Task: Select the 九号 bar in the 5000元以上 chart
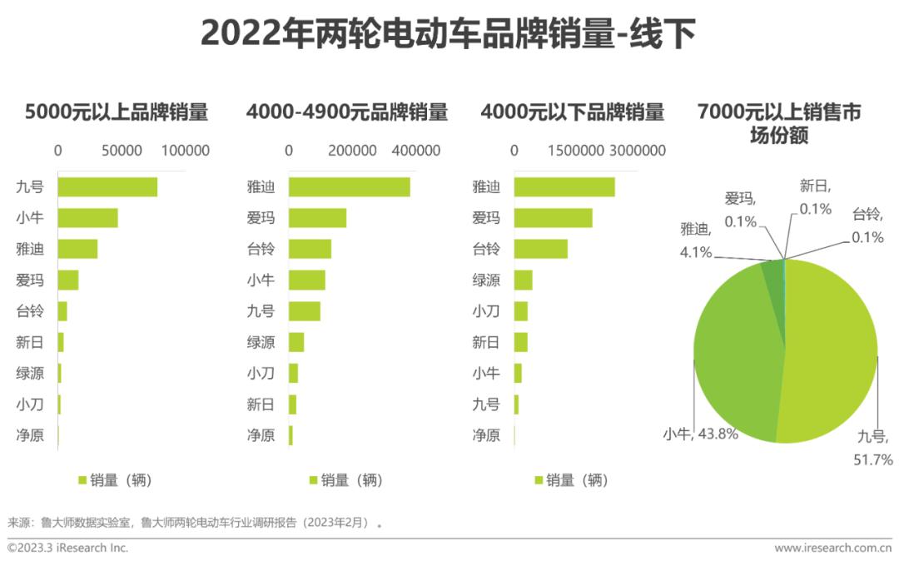coord(107,187)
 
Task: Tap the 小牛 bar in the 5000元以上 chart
coord(87,218)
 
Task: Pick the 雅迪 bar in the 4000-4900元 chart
coord(349,187)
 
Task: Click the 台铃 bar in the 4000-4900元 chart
coord(310,249)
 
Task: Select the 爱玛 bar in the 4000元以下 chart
coord(553,218)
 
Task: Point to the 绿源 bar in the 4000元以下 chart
coord(523,281)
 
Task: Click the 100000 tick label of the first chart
coord(185,151)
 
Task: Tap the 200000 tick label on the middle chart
coord(352,151)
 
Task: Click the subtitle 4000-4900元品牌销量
coord(347,112)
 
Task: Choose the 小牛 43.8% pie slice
coord(733,350)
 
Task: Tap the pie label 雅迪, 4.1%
coord(696,241)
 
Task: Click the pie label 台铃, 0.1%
coord(867,226)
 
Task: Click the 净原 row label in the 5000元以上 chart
coord(30,435)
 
